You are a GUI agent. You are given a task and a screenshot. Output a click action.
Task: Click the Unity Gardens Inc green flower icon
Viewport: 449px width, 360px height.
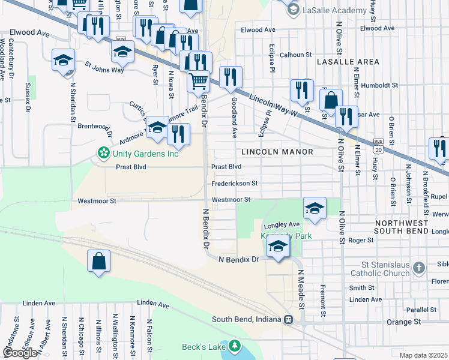coord(104,154)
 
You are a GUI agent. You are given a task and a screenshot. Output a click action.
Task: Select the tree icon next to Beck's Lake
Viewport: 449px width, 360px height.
coord(234,347)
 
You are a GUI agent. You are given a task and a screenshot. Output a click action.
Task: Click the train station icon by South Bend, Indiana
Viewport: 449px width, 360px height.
coord(289,319)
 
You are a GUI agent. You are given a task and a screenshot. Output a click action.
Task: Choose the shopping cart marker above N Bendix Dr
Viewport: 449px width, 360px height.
coord(198,81)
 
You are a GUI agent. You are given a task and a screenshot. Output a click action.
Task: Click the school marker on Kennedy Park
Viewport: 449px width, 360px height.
coord(277,246)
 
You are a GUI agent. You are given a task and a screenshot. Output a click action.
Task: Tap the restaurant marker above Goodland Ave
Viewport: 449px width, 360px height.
coord(231,77)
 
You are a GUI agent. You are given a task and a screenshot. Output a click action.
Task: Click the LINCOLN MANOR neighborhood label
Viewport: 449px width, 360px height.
coord(278,152)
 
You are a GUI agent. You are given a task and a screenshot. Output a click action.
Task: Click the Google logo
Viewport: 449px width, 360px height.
coord(19,352)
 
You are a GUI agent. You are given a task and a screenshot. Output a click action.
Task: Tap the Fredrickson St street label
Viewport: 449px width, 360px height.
coord(235,184)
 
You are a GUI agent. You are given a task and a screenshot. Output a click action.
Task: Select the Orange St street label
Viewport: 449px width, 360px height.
coord(403,322)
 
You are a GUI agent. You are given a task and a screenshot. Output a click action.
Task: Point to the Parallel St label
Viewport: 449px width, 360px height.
coord(419,310)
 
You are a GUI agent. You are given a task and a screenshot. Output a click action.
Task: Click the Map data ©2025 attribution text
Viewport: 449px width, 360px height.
coord(424,355)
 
